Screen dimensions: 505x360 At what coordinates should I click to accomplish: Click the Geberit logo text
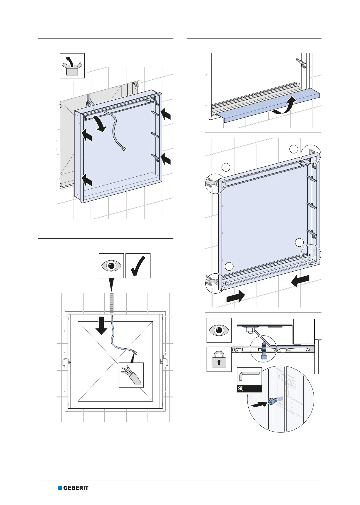(x=76, y=488)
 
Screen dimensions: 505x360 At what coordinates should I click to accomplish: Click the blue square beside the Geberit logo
(x=60, y=488)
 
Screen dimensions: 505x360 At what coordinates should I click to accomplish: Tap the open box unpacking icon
(x=72, y=66)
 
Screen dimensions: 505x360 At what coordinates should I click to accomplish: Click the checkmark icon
(x=138, y=266)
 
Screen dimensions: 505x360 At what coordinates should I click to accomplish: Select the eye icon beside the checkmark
(x=111, y=266)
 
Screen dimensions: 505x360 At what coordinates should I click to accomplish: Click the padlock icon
(x=219, y=359)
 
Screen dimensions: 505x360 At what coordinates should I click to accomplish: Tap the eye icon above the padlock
(x=219, y=330)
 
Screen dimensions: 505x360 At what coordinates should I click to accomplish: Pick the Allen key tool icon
(x=249, y=380)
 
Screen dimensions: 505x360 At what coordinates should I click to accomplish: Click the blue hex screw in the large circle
(x=272, y=401)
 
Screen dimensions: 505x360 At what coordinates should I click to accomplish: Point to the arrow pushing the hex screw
(x=259, y=405)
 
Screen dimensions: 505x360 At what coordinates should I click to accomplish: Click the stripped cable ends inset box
(x=131, y=375)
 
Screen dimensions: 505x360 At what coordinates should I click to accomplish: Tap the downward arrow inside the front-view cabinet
(x=101, y=325)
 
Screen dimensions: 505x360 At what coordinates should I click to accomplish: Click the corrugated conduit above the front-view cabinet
(x=111, y=302)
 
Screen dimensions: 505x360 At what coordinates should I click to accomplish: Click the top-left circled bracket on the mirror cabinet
(x=215, y=183)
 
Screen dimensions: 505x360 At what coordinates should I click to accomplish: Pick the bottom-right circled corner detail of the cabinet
(x=311, y=254)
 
